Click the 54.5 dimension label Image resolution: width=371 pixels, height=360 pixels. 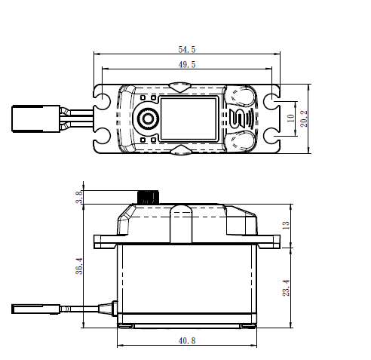tap(187, 49)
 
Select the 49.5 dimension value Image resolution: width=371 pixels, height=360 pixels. tap(187, 64)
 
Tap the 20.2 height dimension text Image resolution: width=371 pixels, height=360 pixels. tap(304, 118)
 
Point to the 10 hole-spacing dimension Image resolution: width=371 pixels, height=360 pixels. tap(290, 118)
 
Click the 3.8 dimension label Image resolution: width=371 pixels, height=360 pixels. tap(79, 197)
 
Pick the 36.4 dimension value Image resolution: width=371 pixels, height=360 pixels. tap(79, 266)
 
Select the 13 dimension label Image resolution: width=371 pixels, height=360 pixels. tap(286, 225)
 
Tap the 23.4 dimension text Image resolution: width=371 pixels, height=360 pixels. tap(286, 288)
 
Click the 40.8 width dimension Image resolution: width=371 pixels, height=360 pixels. tap(187, 340)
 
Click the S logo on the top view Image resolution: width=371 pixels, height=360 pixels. tap(237, 118)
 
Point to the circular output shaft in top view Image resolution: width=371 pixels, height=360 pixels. tap(148, 118)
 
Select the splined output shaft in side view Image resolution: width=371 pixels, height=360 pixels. tap(148, 197)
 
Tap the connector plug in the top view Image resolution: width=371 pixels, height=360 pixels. tap(36, 118)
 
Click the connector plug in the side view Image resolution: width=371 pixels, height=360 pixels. tap(35, 309)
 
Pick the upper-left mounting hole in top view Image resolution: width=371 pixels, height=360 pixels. tap(102, 102)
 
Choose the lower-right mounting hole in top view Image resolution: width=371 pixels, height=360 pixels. tap(271, 136)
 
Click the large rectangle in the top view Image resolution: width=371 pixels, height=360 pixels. tap(189, 118)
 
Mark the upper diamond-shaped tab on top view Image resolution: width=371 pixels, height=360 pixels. tap(179, 87)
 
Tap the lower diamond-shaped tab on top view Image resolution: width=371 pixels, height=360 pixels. tap(180, 150)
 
